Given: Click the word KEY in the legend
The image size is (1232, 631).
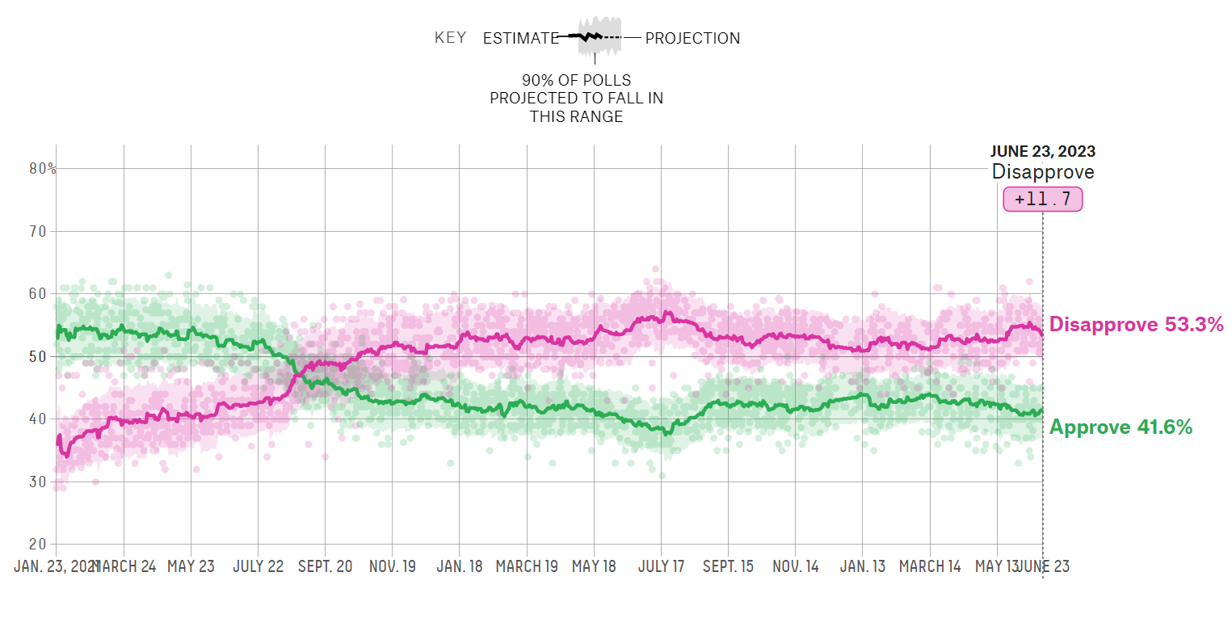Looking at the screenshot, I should pos(450,38).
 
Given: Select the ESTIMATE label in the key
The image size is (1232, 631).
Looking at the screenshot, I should pos(520,38).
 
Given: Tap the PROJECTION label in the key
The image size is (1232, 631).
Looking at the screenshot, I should pos(692,38).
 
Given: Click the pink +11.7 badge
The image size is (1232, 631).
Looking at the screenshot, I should pos(1042,199).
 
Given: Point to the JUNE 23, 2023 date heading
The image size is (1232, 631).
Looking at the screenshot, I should pos(1042,151).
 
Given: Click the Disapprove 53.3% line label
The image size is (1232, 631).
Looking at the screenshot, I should pos(1137,326).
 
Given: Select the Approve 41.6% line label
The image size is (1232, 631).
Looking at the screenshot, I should pos(1121,427).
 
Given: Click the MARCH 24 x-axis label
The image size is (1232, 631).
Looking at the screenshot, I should pos(126,566).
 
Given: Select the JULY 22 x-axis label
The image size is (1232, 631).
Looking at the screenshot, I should pos(259,566).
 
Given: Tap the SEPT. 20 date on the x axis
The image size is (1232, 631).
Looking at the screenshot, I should pos(325,566).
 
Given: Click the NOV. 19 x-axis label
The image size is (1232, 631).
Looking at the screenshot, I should pos(392,566).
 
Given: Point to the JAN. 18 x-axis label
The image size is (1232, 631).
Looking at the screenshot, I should pos(459,566).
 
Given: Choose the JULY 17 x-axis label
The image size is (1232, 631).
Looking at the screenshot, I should pos(661,566).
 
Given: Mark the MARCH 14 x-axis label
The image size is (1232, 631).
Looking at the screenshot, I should pos(929,566).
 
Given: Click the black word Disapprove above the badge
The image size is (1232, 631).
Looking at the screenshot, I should pos(1042,172).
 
